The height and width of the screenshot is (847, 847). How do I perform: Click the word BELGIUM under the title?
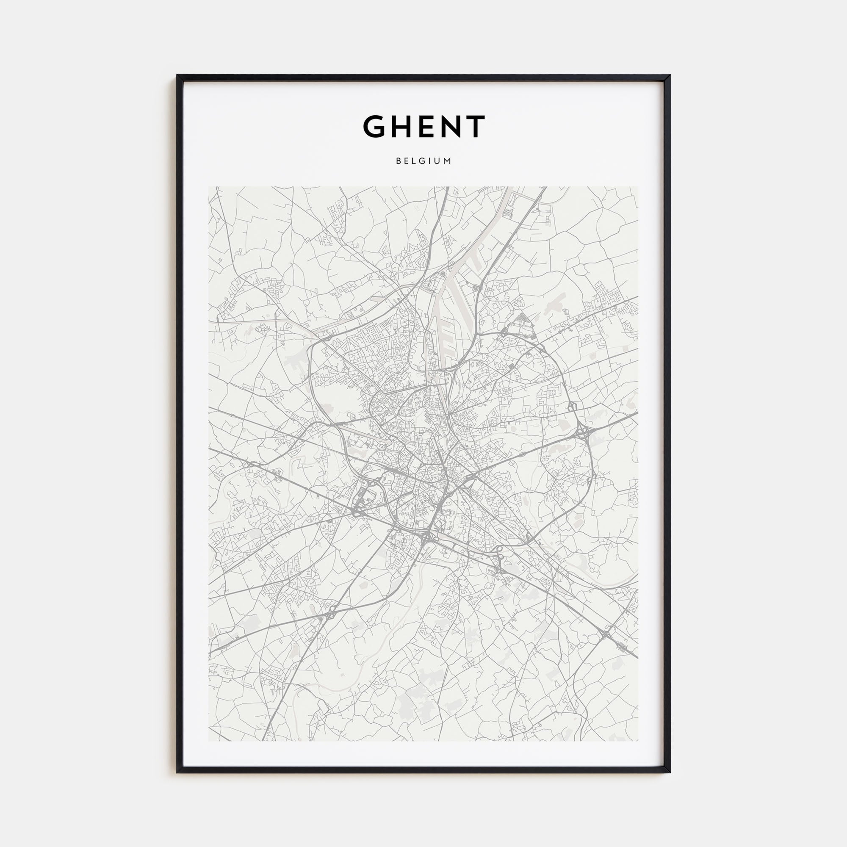tap(423, 161)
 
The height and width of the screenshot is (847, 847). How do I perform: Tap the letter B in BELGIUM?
tap(399, 161)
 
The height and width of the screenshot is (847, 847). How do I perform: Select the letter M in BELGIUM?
tap(448, 161)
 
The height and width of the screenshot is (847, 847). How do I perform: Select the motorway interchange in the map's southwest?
tap(329, 614)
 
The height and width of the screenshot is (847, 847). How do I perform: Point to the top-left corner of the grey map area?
tap(209, 187)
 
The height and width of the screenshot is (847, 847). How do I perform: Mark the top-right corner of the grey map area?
tap(638, 187)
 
